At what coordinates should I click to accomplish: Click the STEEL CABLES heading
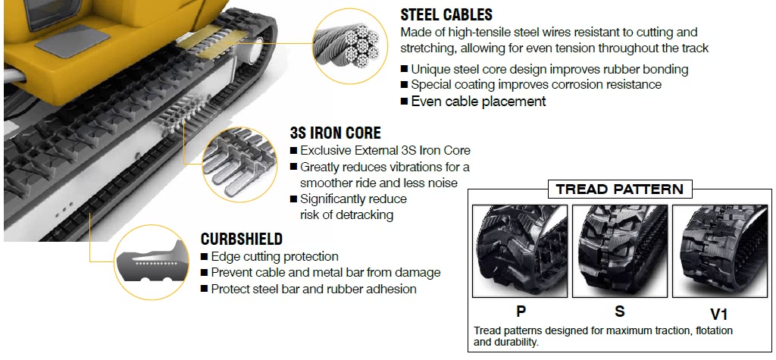tap(446, 14)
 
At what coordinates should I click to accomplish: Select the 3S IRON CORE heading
tap(336, 133)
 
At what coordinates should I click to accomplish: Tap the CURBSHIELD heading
tap(242, 239)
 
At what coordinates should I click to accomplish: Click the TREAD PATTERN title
tap(619, 189)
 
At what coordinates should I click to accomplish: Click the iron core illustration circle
tap(237, 164)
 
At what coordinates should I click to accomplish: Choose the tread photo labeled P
tap(520, 251)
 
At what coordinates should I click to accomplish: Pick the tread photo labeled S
tap(620, 251)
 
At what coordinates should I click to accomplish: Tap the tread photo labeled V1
tap(720, 251)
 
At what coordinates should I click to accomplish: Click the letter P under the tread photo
tap(521, 311)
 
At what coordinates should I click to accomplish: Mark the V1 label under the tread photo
tap(718, 314)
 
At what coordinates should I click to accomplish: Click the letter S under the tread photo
tap(620, 311)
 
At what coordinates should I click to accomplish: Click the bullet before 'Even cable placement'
tap(405, 102)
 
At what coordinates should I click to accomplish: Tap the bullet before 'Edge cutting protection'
tap(205, 257)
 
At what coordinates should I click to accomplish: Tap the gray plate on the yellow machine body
tap(74, 42)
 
